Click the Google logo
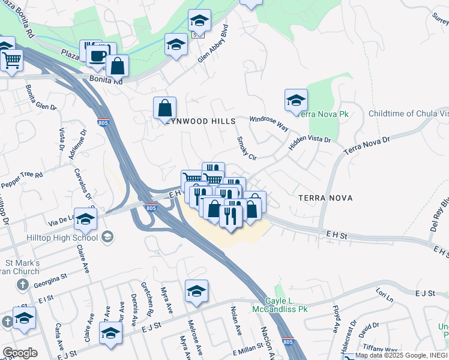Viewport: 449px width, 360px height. click(20, 353)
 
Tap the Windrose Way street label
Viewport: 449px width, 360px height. click(268, 124)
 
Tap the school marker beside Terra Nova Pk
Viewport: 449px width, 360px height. click(296, 101)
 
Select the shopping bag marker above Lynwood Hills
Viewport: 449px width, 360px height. click(164, 109)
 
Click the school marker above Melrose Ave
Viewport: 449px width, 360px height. click(196, 292)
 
